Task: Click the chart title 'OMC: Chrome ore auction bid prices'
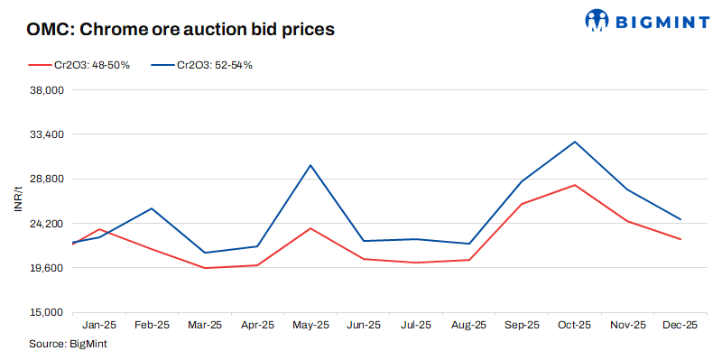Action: pyautogui.click(x=181, y=29)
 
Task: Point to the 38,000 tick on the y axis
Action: pyautogui.click(x=45, y=90)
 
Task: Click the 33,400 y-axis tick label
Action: pyautogui.click(x=45, y=134)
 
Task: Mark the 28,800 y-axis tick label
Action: pyautogui.click(x=45, y=179)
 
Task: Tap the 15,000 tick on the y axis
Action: pyautogui.click(x=45, y=312)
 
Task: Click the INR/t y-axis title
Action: pyautogui.click(x=16, y=201)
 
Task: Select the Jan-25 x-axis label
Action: pyautogui.click(x=98, y=325)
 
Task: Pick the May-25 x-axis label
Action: pyautogui.click(x=310, y=325)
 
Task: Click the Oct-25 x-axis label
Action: pyautogui.click(x=574, y=325)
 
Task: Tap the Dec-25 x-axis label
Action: pyautogui.click(x=680, y=325)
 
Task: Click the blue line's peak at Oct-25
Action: pyautogui.click(x=574, y=142)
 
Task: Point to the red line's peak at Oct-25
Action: pyautogui.click(x=574, y=185)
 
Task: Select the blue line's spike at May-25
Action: pyautogui.click(x=310, y=165)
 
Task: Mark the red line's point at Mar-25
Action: pyautogui.click(x=205, y=268)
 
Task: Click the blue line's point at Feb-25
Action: pyautogui.click(x=152, y=208)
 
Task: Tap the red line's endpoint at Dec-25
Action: pyautogui.click(x=680, y=239)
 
